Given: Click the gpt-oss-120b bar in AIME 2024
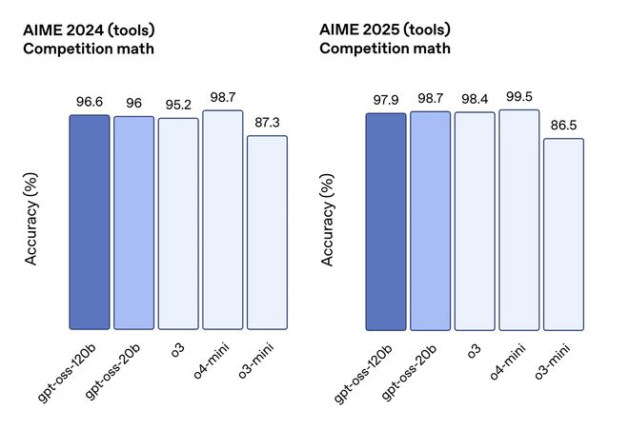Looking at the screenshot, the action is pos(90,223).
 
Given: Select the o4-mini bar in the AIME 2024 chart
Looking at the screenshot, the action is pos(223,220).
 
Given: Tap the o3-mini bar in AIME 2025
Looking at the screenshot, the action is pos(563,235).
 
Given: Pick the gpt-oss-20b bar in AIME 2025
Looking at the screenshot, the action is pos(431,221).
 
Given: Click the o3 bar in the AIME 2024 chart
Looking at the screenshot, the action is pos(178,224).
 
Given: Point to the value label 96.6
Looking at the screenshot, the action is pos(90,102).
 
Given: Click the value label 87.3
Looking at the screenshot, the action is pos(267,123).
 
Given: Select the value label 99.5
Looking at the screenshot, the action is pos(519,97).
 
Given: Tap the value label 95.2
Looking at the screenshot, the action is pos(178,105).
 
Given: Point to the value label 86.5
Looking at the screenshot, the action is pos(563,126).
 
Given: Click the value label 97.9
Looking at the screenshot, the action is pos(386,100).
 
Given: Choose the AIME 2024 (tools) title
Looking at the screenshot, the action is pos(89,30).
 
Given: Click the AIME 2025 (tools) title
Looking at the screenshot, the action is pos(385,29).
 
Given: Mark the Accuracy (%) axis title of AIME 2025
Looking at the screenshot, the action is pos(327,220).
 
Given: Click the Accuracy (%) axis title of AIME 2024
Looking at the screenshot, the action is pos(30,219).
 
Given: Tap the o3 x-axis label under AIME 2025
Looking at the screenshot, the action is pos(474,350).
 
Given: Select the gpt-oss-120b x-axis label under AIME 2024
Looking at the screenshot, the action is pos(68,372).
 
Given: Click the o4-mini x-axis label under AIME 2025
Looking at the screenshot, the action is pos(507,362).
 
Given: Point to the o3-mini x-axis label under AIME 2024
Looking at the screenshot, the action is pos(256,361).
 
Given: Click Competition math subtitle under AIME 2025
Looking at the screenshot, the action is pos(385,49).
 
